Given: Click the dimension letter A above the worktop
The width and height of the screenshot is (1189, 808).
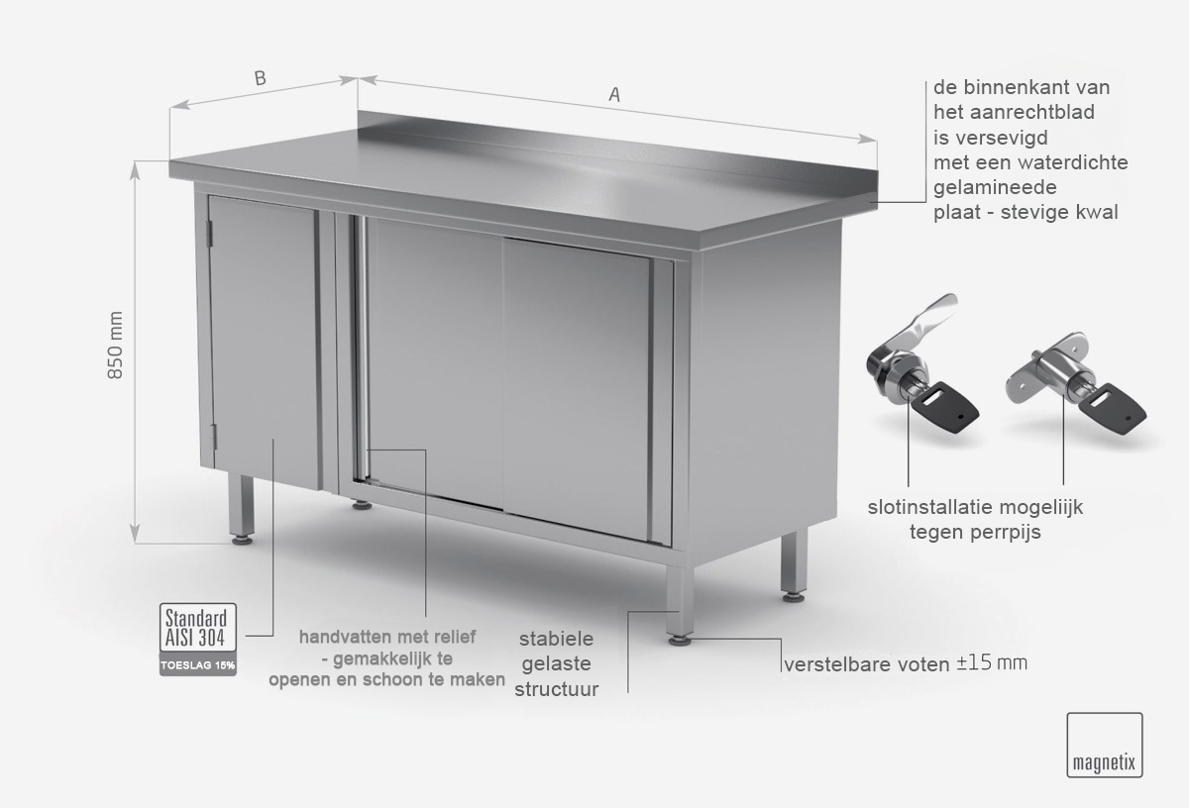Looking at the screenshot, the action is (614, 94).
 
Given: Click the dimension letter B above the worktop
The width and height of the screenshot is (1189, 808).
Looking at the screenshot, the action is (260, 78).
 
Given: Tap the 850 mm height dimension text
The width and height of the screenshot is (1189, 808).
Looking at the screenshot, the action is (115, 345).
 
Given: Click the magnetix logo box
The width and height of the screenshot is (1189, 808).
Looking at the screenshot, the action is (1105, 745).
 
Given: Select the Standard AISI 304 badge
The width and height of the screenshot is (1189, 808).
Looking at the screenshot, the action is (198, 628).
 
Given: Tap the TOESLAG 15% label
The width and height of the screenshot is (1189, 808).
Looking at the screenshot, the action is (198, 665).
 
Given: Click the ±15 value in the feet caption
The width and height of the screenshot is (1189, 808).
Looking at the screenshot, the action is (973, 662).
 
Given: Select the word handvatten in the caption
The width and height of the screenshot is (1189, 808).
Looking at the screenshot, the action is (339, 637).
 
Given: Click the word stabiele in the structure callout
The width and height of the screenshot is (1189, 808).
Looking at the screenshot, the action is (556, 639).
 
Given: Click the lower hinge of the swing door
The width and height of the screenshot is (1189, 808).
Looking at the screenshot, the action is (214, 436).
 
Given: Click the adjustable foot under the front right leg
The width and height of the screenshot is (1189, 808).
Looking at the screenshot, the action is (680, 641).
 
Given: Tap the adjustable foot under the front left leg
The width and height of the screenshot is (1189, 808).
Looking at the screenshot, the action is (242, 541).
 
